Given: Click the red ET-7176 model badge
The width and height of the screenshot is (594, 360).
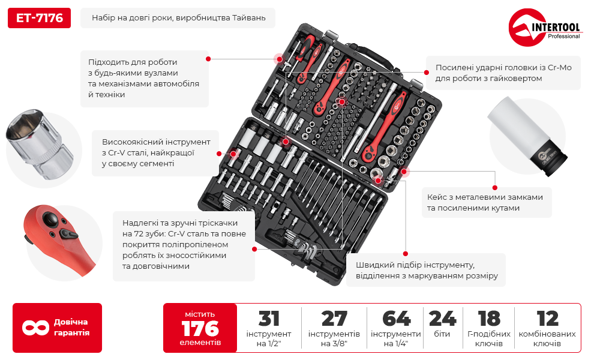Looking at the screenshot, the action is pyautogui.click(x=39, y=18).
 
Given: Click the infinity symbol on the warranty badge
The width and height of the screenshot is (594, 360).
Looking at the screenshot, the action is pyautogui.click(x=35, y=328).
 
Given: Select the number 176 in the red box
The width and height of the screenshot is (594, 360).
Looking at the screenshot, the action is pyautogui.click(x=200, y=328).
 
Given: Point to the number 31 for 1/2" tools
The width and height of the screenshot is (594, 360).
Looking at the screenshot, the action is pyautogui.click(x=269, y=319).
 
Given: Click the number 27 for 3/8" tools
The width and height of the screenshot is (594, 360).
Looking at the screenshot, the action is pyautogui.click(x=334, y=319).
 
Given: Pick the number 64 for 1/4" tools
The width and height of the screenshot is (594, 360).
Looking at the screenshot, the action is pyautogui.click(x=396, y=319).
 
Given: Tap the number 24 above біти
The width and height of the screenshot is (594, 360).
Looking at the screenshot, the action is pyautogui.click(x=442, y=319).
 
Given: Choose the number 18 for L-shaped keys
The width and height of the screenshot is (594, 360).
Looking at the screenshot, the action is pyautogui.click(x=489, y=319).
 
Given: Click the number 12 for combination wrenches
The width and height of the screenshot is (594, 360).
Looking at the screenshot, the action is pyautogui.click(x=547, y=319).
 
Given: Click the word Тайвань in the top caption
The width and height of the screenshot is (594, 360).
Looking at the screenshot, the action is pyautogui.click(x=249, y=18).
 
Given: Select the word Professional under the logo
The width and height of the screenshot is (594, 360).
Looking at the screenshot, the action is pyautogui.click(x=563, y=37).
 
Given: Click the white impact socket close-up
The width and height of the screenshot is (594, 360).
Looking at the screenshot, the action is pyautogui.click(x=527, y=136).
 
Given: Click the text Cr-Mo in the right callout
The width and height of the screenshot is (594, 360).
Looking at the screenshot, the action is pyautogui.click(x=560, y=67).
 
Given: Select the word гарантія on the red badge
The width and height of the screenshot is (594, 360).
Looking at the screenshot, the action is pyautogui.click(x=71, y=333).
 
